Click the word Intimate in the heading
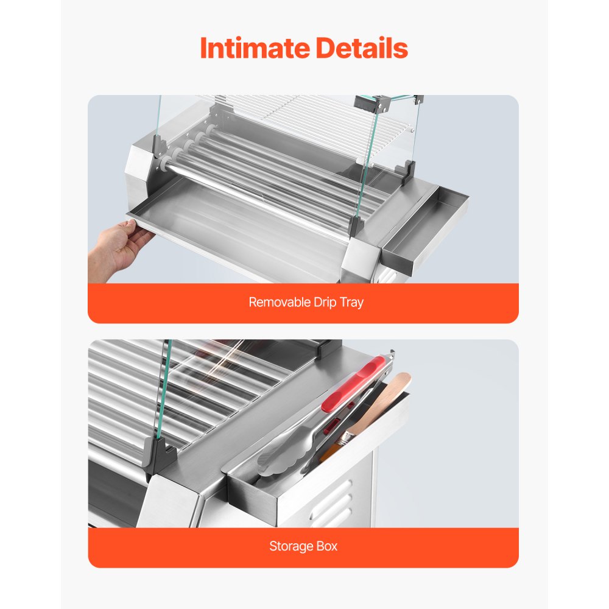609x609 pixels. click(250, 49)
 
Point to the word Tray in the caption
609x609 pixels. click(352, 302)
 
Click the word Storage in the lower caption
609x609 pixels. click(292, 546)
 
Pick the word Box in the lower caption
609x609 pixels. click(327, 546)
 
